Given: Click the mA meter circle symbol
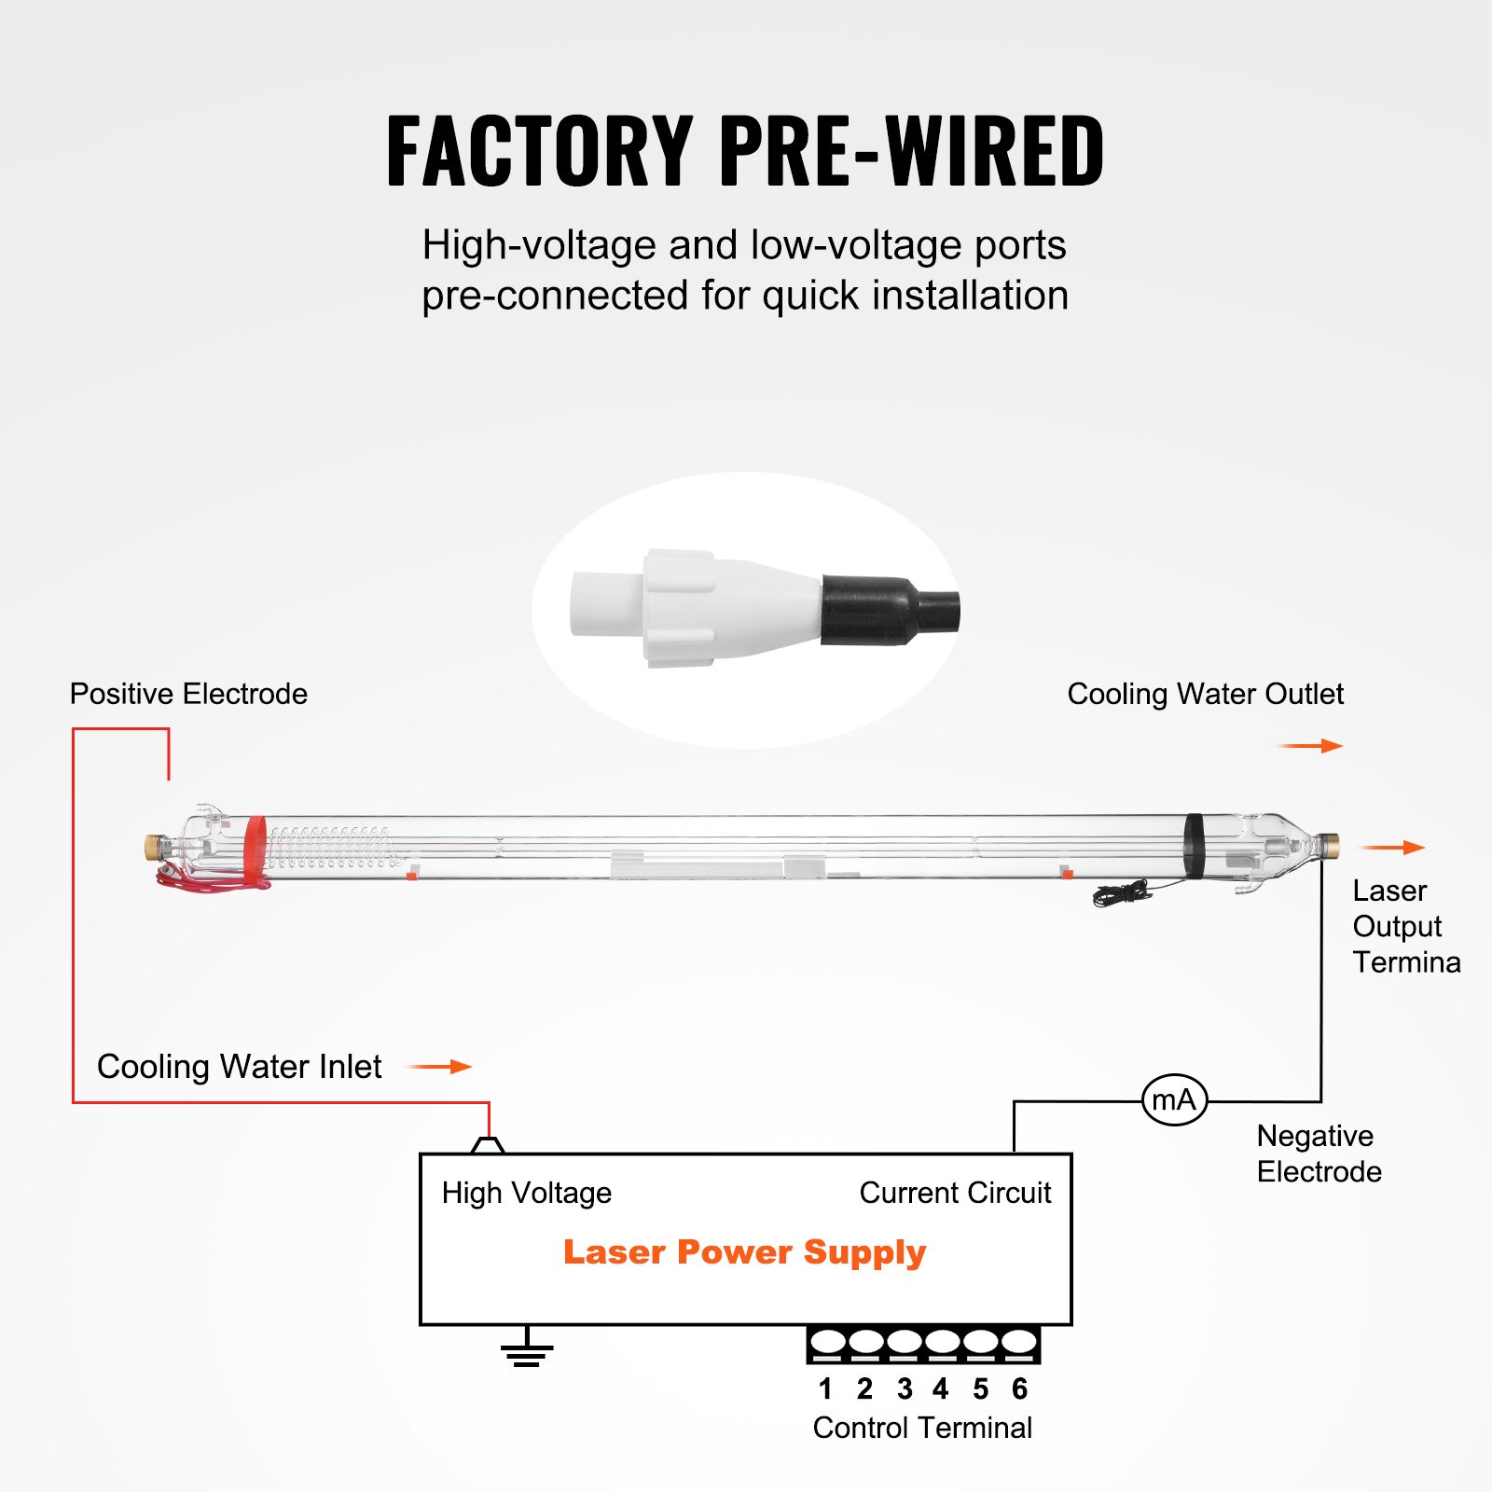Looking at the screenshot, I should (1174, 1100).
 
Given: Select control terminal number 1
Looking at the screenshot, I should (826, 1344).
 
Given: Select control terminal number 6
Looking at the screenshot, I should (1019, 1344).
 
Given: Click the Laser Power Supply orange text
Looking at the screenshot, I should (744, 1252).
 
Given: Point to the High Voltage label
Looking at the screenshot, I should (527, 1193).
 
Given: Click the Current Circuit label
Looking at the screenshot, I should (955, 1193).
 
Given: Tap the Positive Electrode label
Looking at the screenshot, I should (188, 694).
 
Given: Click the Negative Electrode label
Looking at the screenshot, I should (1319, 1154).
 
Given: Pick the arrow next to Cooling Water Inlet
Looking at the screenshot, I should (442, 1067).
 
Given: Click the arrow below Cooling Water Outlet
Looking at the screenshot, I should (1310, 746).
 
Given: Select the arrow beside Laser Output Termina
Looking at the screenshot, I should (1392, 848).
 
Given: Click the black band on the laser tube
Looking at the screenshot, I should (1195, 846).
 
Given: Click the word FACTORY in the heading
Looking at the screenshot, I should (539, 151).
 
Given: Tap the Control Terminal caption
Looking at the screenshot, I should (922, 1428).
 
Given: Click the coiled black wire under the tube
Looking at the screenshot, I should (1124, 894).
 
